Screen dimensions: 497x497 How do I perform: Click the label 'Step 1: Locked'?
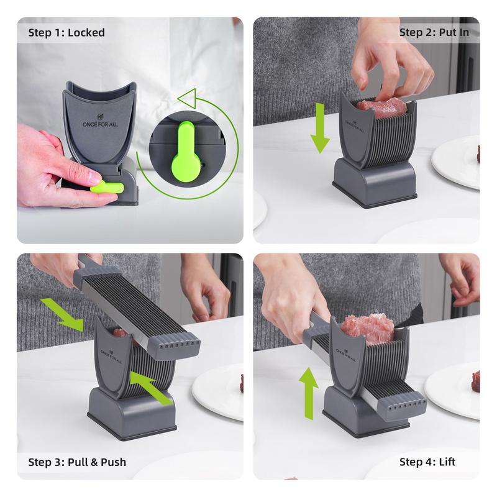click(x=66, y=32)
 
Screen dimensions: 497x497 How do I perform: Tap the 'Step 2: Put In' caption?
click(x=434, y=32)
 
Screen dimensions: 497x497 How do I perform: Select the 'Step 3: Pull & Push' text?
click(x=77, y=462)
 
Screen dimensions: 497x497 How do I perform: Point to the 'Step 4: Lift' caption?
click(x=427, y=462)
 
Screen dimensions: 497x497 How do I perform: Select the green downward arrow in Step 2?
click(x=319, y=129)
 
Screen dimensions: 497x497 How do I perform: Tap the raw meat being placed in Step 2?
click(x=382, y=106)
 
